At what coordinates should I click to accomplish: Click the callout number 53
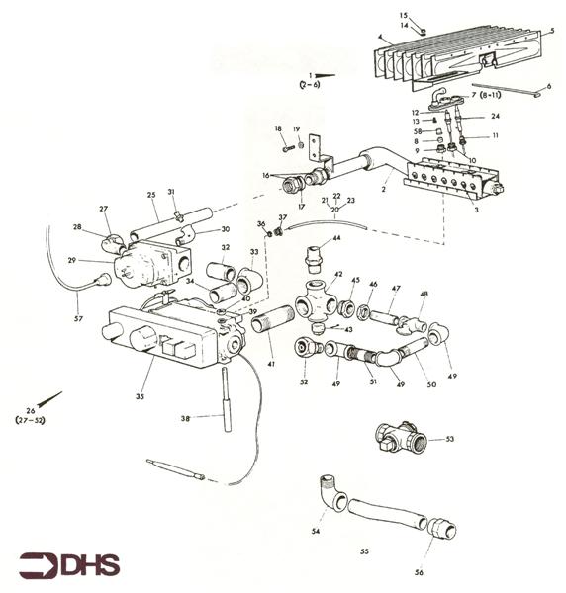[x=449, y=439]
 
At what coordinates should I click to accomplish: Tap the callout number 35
[x=140, y=396]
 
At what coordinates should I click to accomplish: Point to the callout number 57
[x=78, y=319]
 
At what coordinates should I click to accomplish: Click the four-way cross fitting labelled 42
[x=316, y=301]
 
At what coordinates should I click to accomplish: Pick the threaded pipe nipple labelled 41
[x=272, y=319]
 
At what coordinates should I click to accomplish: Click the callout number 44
[x=336, y=238]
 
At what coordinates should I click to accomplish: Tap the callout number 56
[x=419, y=572]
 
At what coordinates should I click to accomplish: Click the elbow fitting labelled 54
[x=332, y=495]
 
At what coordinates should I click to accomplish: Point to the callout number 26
[x=31, y=411]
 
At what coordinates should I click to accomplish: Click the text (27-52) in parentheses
[x=30, y=420]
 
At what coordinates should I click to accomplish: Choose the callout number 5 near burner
[x=552, y=31]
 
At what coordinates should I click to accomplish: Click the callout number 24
[x=495, y=116]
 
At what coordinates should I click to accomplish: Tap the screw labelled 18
[x=289, y=148]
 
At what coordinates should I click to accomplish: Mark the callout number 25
[x=151, y=195]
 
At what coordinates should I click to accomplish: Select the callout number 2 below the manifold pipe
[x=383, y=189]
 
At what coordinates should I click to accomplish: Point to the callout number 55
[x=364, y=551]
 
